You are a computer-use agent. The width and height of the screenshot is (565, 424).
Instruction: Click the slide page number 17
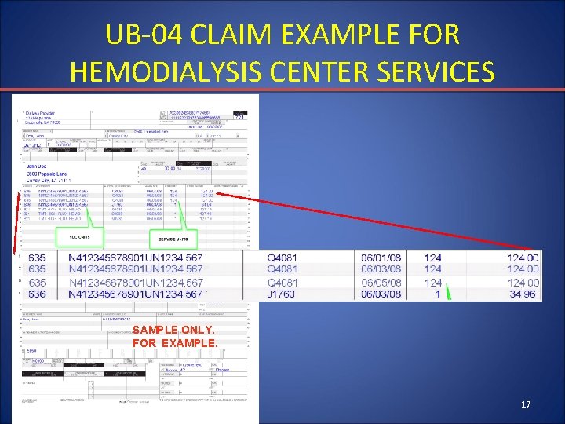526,404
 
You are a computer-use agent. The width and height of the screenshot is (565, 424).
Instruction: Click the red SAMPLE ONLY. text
173,331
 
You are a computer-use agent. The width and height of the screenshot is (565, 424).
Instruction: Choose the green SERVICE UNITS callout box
174,237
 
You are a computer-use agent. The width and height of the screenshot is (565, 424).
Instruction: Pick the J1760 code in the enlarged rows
282,294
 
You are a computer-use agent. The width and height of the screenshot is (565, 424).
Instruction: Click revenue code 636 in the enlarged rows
37,294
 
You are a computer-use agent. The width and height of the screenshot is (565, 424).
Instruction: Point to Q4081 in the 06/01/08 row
282,258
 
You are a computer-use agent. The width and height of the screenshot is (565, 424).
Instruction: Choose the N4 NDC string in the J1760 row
136,294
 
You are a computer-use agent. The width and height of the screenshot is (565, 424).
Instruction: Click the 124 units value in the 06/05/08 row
433,282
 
